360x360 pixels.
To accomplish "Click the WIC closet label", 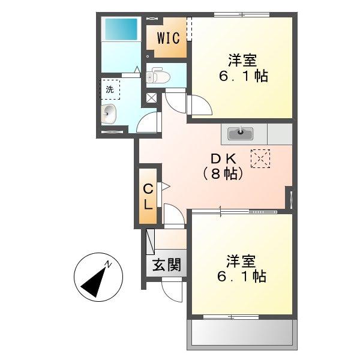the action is click(168, 38).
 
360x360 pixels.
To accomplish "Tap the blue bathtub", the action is click(121, 29).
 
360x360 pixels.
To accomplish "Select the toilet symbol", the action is click(158, 75).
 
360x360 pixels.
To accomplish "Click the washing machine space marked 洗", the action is click(110, 89).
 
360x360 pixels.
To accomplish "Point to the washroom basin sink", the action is click(109, 114).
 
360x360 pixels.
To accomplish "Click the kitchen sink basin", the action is click(240, 134).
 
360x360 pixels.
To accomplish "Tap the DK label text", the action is click(223, 158).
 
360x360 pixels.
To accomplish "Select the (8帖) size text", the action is click(223, 174).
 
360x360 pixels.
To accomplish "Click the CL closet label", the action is click(148, 197).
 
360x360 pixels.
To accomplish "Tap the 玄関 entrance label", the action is click(167, 265).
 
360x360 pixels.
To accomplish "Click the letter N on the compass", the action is click(107, 265).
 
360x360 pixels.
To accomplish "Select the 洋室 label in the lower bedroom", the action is click(241, 261).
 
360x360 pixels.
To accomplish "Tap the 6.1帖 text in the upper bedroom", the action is click(244, 76).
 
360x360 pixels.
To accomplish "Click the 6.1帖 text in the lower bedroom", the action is click(242, 277).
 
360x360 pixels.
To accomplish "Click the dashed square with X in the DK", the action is click(260, 158).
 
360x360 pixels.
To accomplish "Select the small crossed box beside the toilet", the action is click(152, 98).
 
